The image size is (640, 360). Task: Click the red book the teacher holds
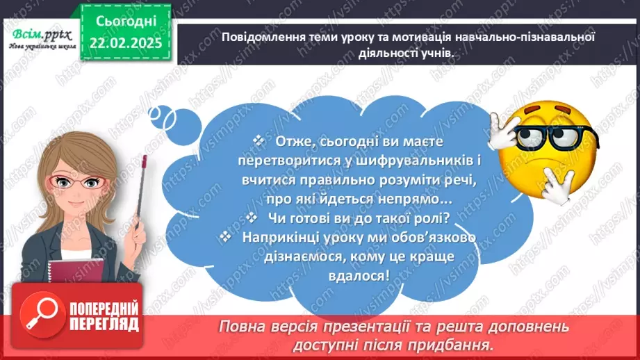coord(71,263)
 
